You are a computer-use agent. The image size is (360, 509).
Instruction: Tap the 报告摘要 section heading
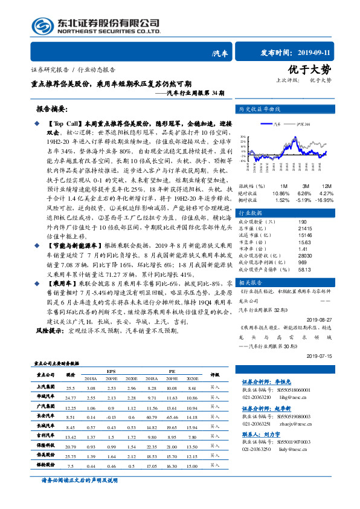(54, 110)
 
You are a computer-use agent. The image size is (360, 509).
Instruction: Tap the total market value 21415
(306, 228)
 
